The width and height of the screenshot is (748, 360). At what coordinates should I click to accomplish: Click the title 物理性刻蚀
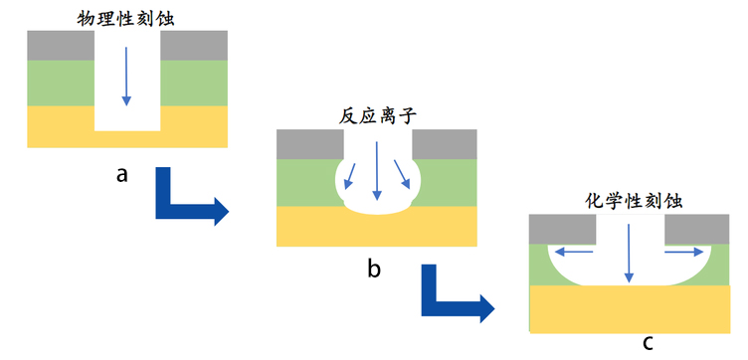click(x=126, y=17)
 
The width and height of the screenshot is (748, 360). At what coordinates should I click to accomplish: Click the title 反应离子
click(x=375, y=116)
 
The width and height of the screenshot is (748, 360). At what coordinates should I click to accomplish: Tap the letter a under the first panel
click(x=122, y=175)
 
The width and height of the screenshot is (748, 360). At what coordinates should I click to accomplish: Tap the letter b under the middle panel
click(x=374, y=268)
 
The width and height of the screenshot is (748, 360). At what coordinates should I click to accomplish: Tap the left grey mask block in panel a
click(x=60, y=45)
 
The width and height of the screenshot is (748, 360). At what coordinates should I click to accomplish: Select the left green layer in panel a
click(x=60, y=83)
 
